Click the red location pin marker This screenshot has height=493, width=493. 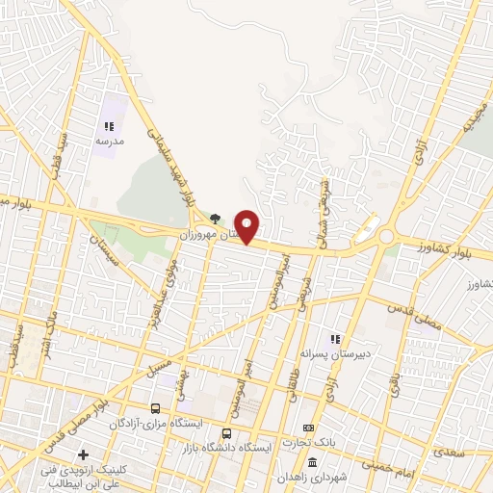247,226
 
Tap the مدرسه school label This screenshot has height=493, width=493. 109,141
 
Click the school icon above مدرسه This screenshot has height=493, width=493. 109,126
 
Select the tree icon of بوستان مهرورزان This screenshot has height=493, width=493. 215,219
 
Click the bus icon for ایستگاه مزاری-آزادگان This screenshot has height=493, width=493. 155,408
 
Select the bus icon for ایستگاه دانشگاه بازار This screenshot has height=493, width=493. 226,433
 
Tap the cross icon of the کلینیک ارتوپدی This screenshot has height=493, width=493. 84,454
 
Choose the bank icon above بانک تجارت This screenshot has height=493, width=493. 308,428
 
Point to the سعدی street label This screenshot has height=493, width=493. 450,451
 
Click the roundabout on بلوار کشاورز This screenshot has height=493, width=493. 386,236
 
